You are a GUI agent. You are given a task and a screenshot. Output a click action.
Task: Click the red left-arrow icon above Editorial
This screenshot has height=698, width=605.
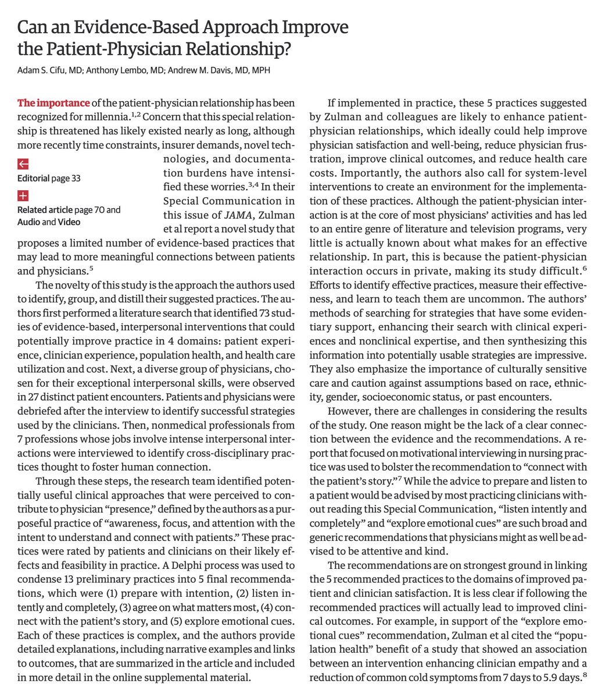pos(23,163)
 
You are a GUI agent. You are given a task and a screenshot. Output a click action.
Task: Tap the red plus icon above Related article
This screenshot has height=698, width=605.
pos(23,195)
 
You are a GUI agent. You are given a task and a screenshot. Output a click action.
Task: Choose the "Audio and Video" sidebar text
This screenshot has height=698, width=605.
pos(49,222)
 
